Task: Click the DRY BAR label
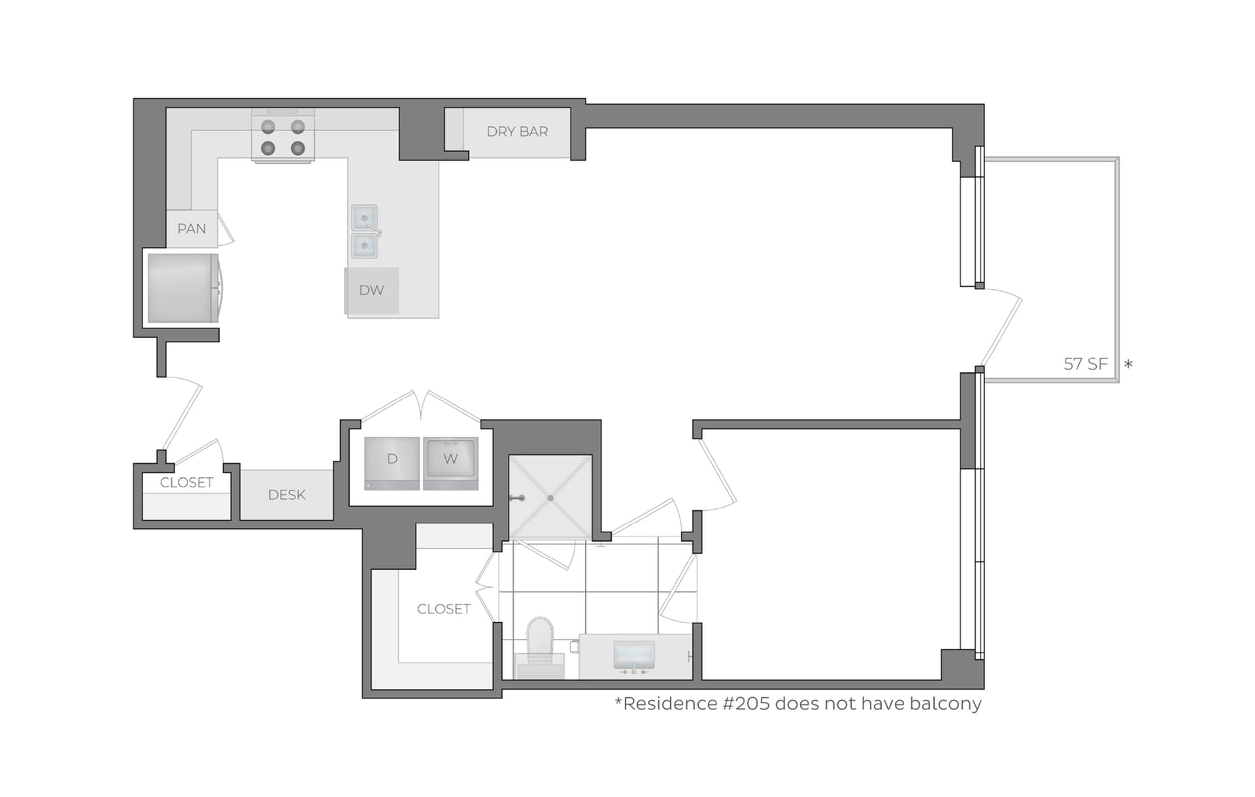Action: point(517,132)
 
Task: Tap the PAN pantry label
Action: point(192,229)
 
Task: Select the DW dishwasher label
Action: point(371,290)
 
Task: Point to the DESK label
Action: point(286,495)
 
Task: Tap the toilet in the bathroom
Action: point(540,643)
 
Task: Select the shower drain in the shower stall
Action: point(550,498)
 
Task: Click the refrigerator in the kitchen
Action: point(182,288)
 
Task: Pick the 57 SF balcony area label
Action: point(1085,364)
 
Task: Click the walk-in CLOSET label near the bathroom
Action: point(443,609)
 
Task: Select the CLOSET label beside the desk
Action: point(186,483)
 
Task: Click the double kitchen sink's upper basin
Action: point(364,217)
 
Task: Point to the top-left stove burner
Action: point(268,127)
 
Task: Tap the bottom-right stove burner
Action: point(298,148)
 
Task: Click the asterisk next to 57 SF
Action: point(1128,364)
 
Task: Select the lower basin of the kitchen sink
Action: point(364,246)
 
